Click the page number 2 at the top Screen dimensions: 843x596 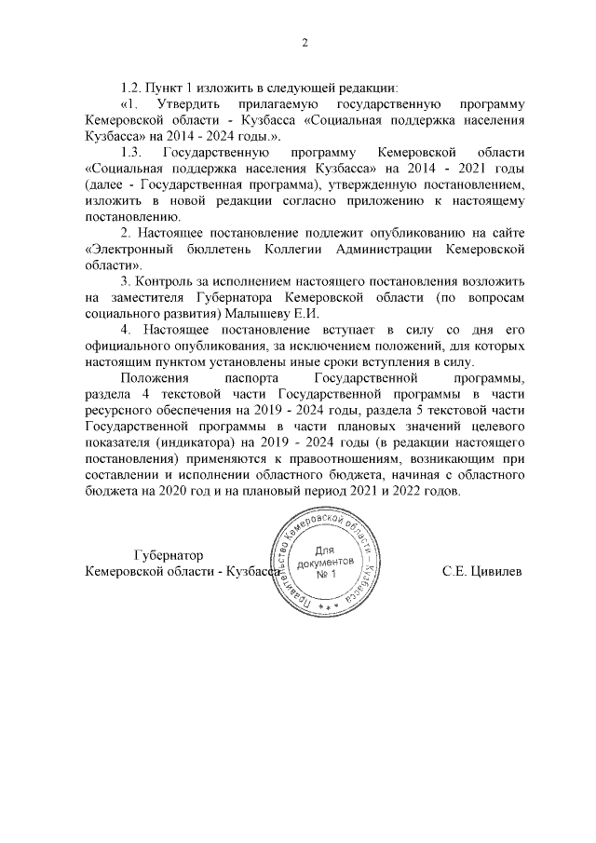(305, 42)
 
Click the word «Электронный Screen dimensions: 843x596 (131, 249)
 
